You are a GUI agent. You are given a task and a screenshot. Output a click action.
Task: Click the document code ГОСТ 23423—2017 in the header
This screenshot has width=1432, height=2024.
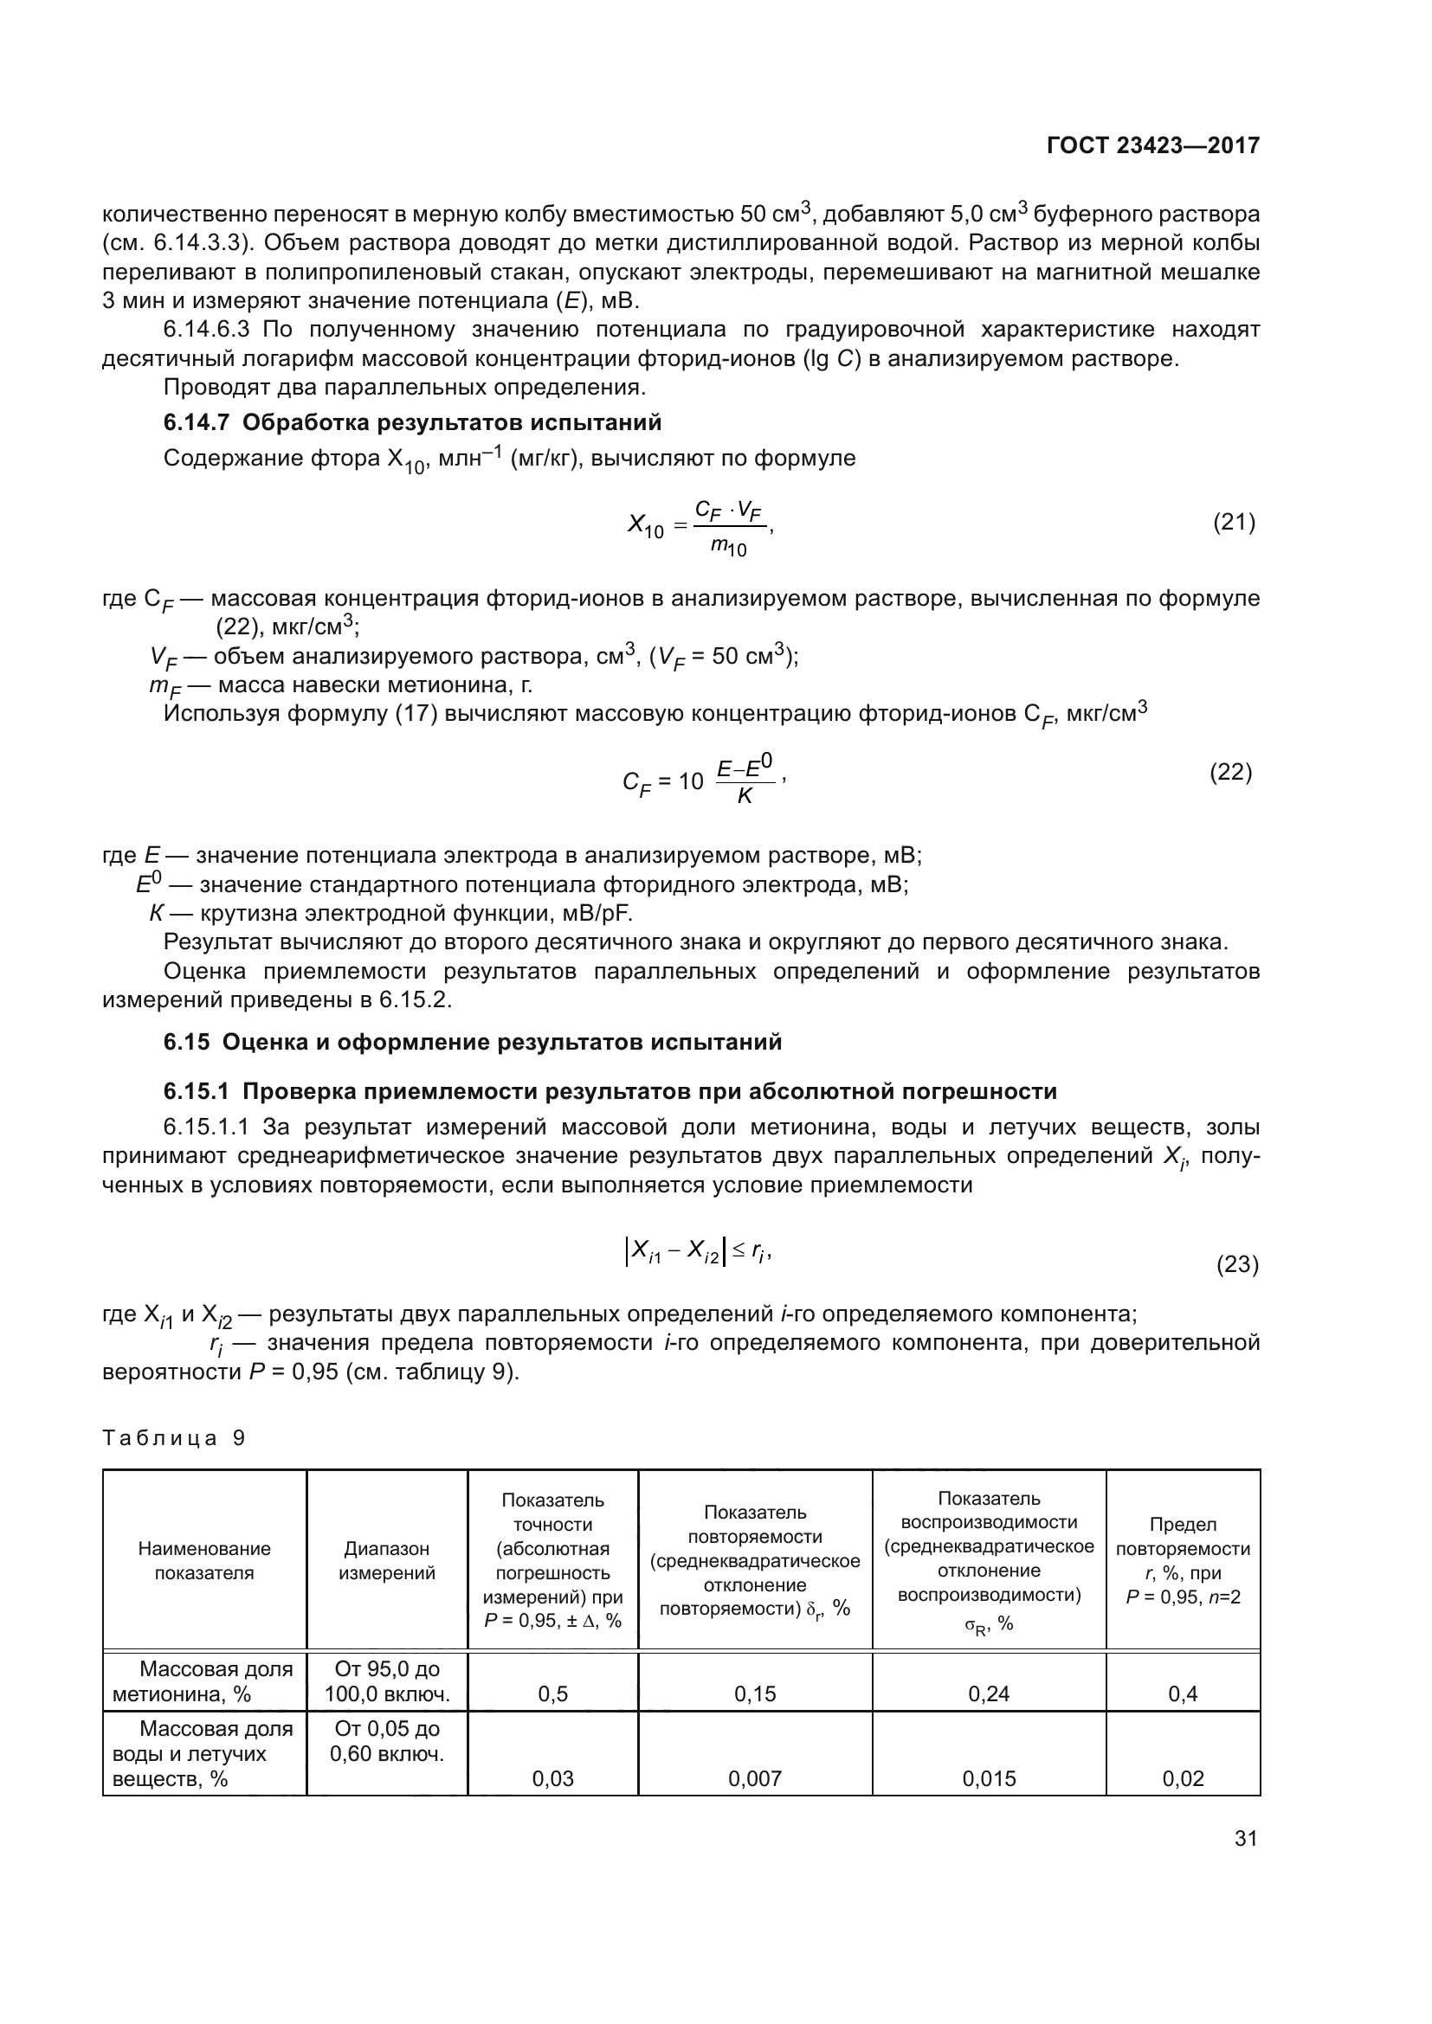pos(1152,145)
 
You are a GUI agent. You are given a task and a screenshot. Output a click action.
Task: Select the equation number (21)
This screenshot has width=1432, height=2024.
pos(1234,522)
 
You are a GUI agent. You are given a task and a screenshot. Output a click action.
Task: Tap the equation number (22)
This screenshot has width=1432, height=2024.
pos(1230,772)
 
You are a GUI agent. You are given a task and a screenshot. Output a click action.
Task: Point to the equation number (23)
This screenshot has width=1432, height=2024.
pos(1237,1265)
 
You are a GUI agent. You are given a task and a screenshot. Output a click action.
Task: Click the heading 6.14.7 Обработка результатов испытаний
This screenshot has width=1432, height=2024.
pos(412,422)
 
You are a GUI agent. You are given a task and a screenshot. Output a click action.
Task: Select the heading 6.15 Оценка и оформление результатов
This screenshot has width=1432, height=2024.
pos(473,1042)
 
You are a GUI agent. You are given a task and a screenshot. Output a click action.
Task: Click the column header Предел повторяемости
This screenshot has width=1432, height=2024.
pos(1183,1560)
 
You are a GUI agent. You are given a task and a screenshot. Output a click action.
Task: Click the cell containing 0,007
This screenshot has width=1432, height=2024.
pos(755,1778)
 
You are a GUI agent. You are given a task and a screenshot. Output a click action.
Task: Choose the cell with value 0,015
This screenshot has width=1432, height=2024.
pos(989,1778)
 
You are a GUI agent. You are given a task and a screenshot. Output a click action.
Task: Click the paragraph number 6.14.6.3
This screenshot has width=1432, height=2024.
pos(206,330)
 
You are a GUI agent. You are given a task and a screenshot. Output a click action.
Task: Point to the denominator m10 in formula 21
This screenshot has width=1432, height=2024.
pos(728,549)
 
